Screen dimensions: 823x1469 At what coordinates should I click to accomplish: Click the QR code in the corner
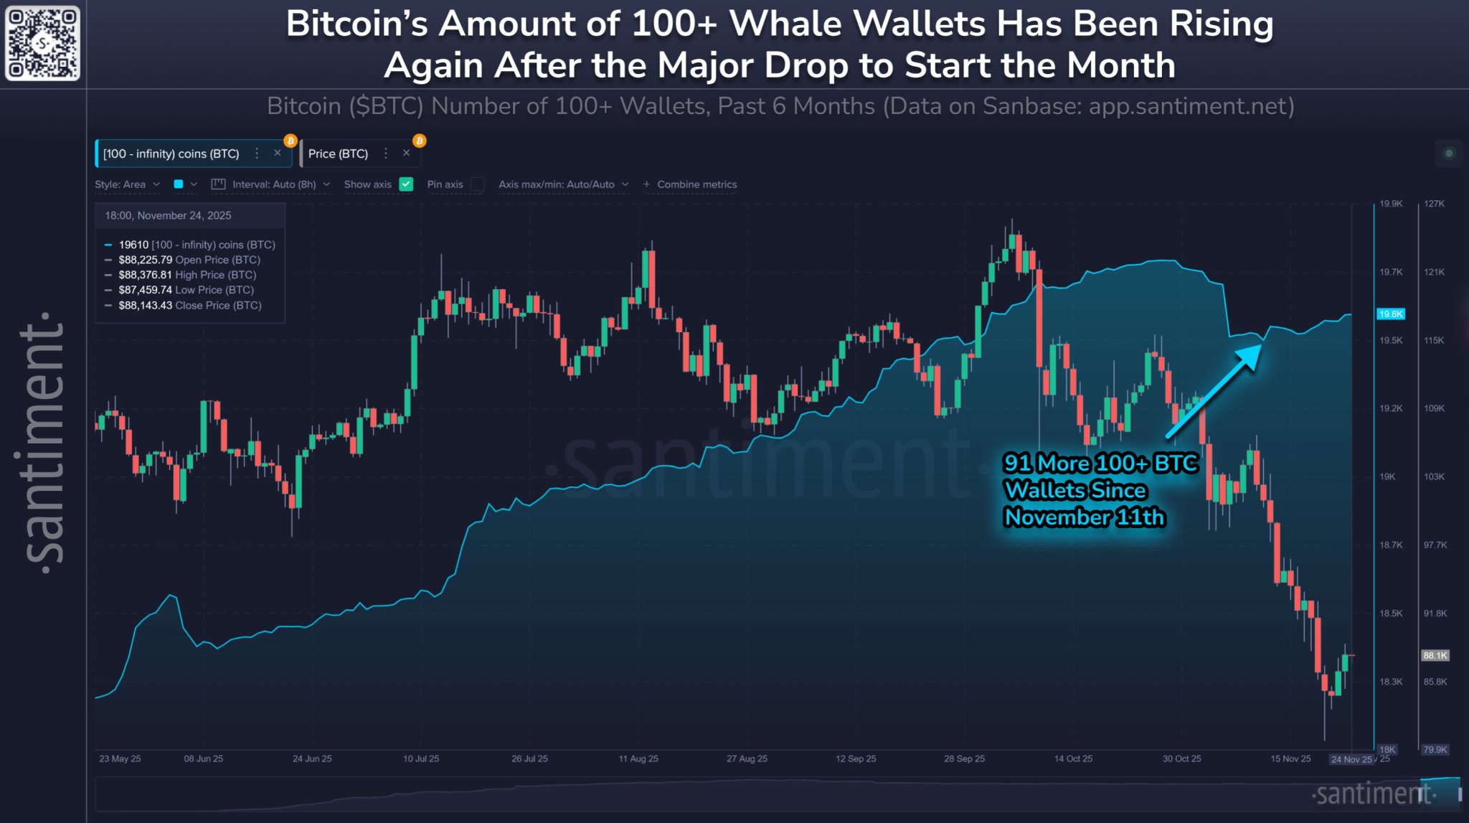pos(42,42)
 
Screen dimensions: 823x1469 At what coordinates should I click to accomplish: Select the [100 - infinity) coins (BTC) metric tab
pos(171,154)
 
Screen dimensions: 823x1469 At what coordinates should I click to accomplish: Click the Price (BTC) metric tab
pos(338,154)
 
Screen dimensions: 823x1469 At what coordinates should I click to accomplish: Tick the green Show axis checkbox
pos(406,184)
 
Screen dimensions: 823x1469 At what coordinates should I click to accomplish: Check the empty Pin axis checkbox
pos(478,184)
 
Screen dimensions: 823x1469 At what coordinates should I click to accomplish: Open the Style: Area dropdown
pos(127,184)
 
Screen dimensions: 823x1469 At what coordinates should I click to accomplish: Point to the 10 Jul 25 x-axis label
pos(421,758)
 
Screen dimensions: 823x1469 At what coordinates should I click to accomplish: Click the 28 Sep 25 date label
pos(964,758)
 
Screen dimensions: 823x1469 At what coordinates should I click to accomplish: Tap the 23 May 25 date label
pos(120,758)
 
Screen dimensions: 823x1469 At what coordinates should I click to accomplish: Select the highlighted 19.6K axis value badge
pos(1390,314)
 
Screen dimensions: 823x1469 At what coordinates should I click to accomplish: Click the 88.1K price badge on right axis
pos(1435,656)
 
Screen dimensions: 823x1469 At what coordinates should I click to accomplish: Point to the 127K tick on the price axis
pos(1434,204)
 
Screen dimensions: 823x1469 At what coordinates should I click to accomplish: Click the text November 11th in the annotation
pos(1084,517)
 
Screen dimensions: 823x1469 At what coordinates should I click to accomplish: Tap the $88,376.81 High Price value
pos(146,275)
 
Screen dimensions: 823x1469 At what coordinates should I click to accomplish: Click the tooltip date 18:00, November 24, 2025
pos(168,215)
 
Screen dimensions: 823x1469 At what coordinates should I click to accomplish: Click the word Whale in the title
pos(785,24)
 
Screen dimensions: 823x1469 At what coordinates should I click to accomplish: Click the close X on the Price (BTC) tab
pos(407,153)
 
